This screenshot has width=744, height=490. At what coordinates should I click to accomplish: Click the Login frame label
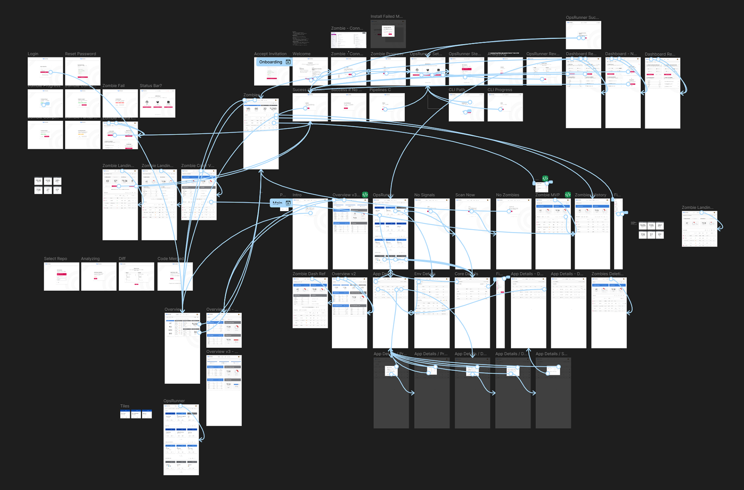pyautogui.click(x=33, y=54)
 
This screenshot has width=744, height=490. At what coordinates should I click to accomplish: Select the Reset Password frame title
pyautogui.click(x=80, y=54)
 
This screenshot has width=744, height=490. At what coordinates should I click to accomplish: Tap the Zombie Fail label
pyautogui.click(x=113, y=86)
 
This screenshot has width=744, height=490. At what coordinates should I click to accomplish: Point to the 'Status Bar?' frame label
pyautogui.click(x=151, y=86)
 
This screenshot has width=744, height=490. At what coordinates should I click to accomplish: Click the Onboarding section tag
pyautogui.click(x=271, y=62)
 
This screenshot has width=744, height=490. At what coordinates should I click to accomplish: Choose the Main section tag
pyautogui.click(x=277, y=203)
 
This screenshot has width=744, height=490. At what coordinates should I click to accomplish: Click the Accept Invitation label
pyautogui.click(x=270, y=54)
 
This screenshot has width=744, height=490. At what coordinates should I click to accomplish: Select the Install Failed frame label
pyautogui.click(x=386, y=17)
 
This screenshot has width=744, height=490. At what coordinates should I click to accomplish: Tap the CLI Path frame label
pyautogui.click(x=456, y=90)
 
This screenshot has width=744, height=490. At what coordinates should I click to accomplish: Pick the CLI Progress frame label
pyautogui.click(x=499, y=90)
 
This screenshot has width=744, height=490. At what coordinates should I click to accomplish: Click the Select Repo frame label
pyautogui.click(x=55, y=259)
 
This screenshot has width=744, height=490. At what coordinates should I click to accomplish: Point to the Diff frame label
pyautogui.click(x=122, y=259)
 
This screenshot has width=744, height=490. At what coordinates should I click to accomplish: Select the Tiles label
pyautogui.click(x=124, y=406)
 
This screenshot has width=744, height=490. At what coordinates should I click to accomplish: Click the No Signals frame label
pyautogui.click(x=424, y=195)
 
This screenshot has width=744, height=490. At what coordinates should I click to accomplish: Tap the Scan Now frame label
pyautogui.click(x=465, y=195)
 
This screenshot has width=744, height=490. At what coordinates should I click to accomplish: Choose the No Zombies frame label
pyautogui.click(x=507, y=195)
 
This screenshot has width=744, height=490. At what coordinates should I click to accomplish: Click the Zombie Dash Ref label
pyautogui.click(x=309, y=274)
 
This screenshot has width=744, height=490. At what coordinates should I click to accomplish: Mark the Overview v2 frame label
pyautogui.click(x=343, y=274)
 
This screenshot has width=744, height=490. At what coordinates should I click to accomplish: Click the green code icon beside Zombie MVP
pyautogui.click(x=568, y=195)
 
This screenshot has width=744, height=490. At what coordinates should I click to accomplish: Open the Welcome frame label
pyautogui.click(x=301, y=54)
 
